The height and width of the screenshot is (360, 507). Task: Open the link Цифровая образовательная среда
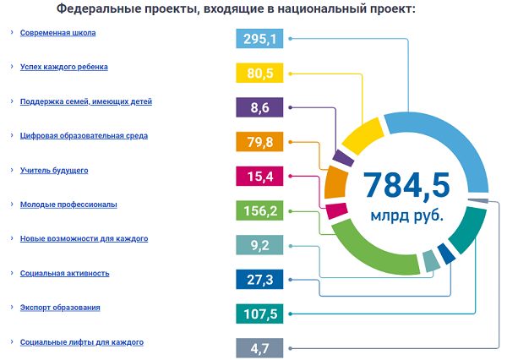pos(84,136)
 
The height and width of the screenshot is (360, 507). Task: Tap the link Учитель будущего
pos(54,171)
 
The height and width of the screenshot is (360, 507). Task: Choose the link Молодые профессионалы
pos(68,205)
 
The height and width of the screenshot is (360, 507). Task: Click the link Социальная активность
pos(64,274)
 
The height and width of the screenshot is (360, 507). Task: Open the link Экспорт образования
pos(60,308)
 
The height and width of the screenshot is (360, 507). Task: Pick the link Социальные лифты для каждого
pos(81,342)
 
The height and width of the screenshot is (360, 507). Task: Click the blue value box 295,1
pos(260,39)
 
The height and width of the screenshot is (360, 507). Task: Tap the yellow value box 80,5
pos(260,74)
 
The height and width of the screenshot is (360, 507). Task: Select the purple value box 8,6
pos(260,107)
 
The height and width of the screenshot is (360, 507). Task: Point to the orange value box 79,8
pos(260,142)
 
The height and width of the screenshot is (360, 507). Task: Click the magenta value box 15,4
pos(260,176)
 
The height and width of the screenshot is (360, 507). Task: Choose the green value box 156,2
pos(260,210)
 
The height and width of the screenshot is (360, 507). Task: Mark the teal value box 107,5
pos(260,314)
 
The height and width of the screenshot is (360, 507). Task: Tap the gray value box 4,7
pos(260,347)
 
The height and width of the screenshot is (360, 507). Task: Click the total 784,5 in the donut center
pos(406,183)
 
